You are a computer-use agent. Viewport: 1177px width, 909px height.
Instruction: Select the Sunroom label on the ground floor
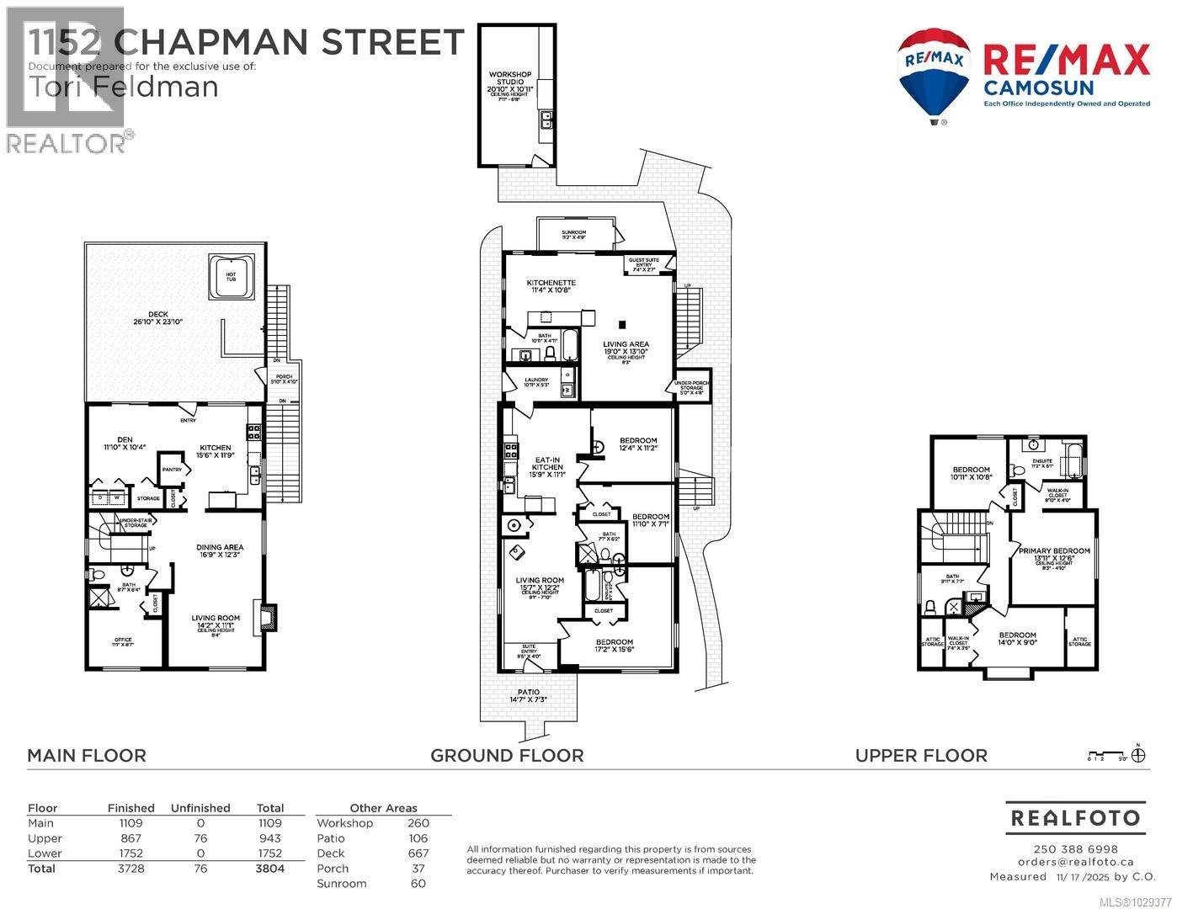(574, 235)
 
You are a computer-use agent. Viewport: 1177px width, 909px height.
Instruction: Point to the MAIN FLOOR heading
(87, 756)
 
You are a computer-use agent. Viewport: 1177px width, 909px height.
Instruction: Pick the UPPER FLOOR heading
(921, 756)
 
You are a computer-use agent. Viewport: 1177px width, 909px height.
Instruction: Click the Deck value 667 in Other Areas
(418, 853)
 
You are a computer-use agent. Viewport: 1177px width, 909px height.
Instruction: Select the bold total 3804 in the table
(270, 869)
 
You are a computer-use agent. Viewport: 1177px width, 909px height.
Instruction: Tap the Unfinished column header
(200, 808)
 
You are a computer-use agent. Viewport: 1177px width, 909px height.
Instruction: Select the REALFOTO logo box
(1075, 817)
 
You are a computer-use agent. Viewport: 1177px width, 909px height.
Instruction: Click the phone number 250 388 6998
(1075, 849)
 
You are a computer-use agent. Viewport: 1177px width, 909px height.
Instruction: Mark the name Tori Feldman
(123, 86)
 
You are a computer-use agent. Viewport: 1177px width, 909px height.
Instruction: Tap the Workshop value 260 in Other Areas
(418, 823)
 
